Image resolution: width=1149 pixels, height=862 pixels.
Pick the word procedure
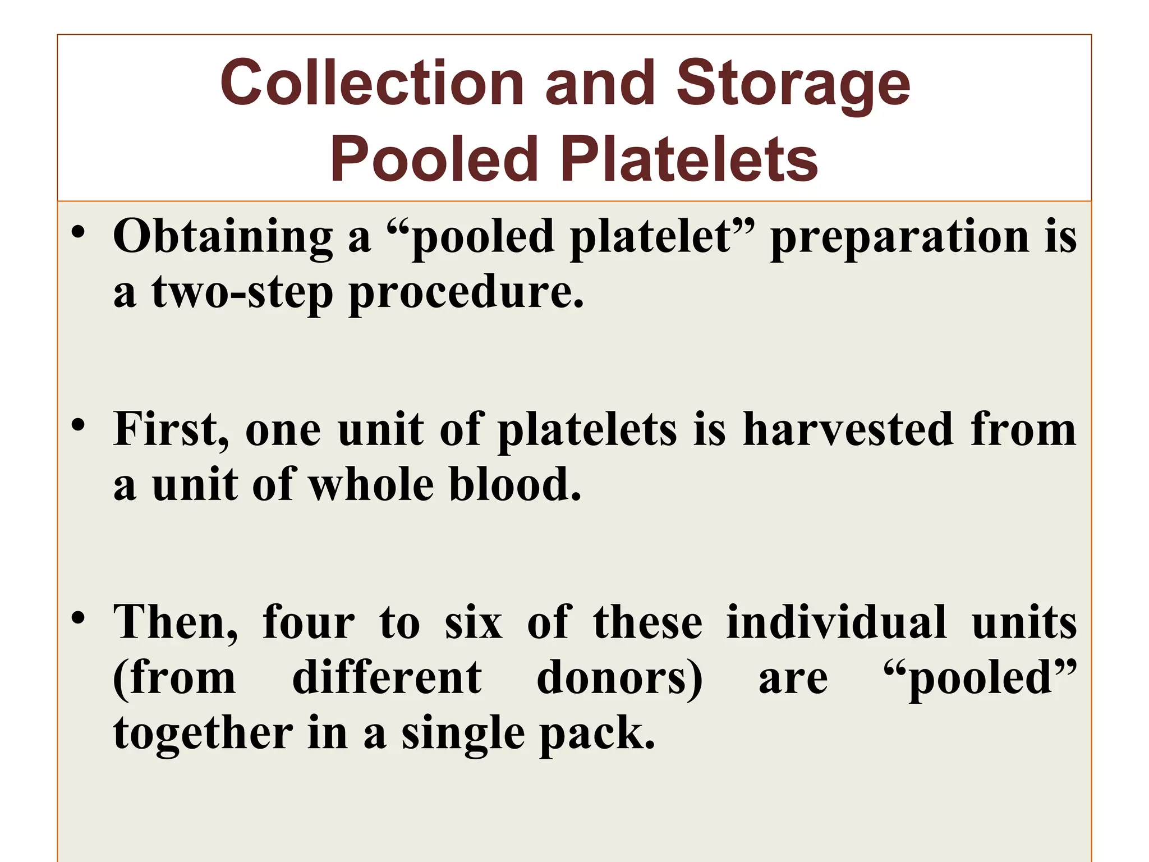466,294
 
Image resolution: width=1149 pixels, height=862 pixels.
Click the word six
474,623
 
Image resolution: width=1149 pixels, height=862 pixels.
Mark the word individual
837,623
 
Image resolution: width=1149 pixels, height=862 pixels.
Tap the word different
387,678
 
